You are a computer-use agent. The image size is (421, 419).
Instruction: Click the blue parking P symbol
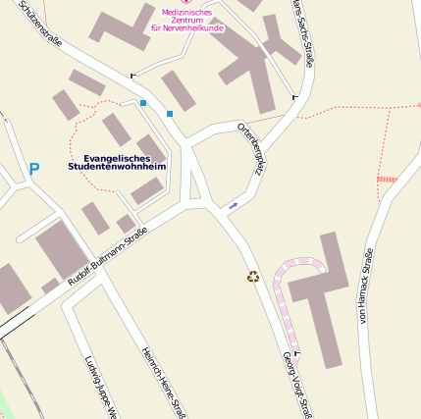point(33,170)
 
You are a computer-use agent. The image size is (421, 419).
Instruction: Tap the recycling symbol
point(253,277)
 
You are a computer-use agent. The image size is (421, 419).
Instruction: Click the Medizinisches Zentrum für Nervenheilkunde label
point(186,20)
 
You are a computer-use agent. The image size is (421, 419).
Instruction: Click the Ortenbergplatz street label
point(251,148)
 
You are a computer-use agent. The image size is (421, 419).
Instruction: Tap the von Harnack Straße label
point(366,287)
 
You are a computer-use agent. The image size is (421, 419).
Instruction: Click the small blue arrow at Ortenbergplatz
point(234,205)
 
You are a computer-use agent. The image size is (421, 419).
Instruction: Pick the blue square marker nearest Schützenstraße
point(143,102)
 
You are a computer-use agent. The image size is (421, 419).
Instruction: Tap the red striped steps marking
point(387,179)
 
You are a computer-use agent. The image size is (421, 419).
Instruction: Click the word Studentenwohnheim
point(118,168)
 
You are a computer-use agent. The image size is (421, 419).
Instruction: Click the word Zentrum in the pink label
point(186,20)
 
